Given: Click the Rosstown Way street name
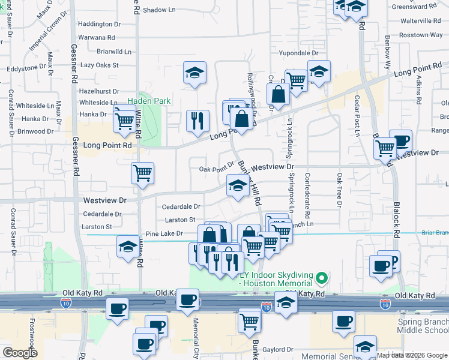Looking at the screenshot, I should tap(421, 35).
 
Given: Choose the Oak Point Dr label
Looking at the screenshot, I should tap(216, 169).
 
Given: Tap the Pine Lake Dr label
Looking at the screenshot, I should tap(164, 234).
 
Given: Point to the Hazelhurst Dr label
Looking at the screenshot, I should tap(99, 91).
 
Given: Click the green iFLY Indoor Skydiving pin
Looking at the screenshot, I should tap(321, 278).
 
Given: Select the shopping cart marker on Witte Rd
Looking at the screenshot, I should tap(142, 173).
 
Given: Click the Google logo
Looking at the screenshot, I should tap(20, 352).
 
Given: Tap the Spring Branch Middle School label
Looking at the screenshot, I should tap(423, 326).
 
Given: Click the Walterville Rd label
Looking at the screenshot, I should tap(417, 20).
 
